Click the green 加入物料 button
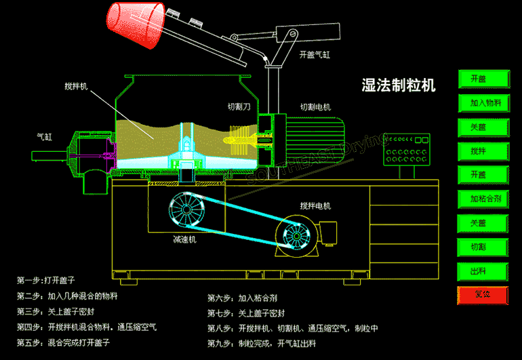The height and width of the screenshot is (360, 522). click(x=483, y=103)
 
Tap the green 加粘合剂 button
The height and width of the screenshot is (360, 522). click(x=483, y=199)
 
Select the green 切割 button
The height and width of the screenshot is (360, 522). click(x=483, y=247)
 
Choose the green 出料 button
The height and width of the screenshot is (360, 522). click(x=483, y=271)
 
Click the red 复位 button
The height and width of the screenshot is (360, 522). click(x=483, y=295)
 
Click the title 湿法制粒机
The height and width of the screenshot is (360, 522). click(x=399, y=85)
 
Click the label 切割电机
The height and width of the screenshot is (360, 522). click(x=315, y=107)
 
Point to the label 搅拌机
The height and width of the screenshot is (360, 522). click(x=75, y=86)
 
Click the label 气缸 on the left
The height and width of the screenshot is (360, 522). click(x=45, y=136)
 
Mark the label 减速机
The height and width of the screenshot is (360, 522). click(x=184, y=240)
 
